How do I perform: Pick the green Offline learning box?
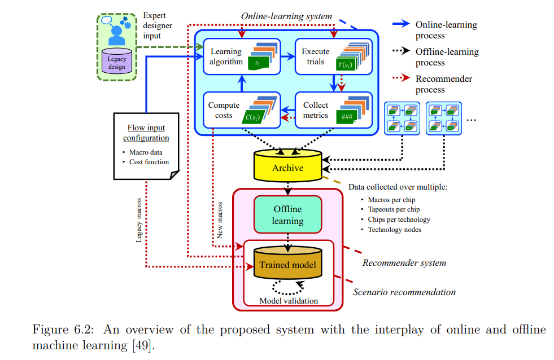tap(287, 214)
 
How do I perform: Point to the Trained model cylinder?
tap(287, 264)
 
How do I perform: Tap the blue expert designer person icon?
tap(116, 34)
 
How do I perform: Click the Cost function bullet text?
tap(149, 162)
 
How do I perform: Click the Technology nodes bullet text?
tap(394, 230)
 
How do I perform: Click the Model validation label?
tap(288, 301)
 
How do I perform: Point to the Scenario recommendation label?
tap(404, 292)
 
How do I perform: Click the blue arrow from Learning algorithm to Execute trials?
tap(287, 56)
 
